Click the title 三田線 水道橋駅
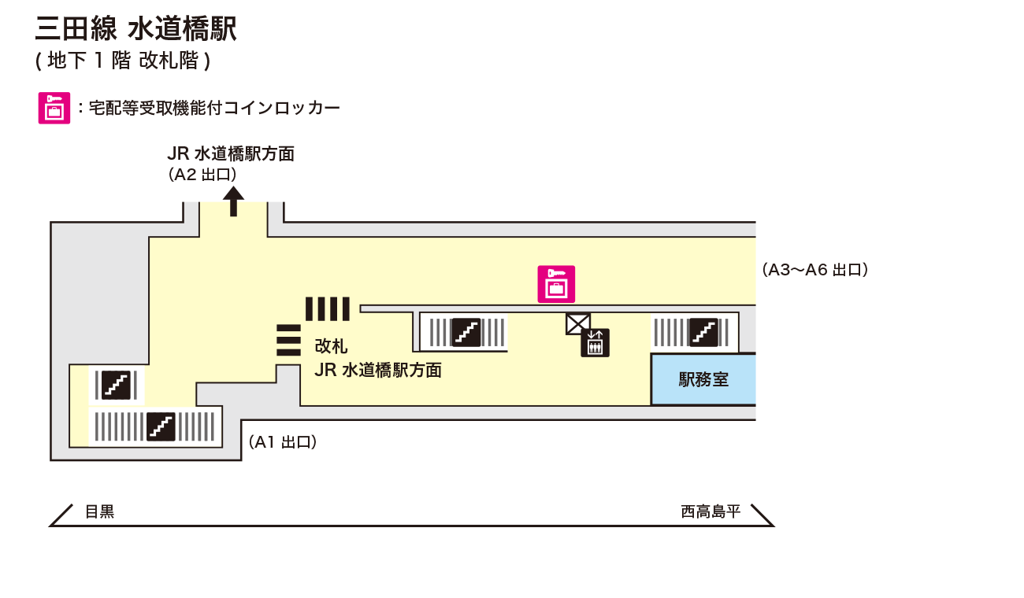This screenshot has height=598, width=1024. point(135,29)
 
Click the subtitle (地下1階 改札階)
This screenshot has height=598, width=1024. point(123,61)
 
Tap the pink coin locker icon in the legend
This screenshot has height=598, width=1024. point(54,108)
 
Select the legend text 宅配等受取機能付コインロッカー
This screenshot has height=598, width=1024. point(214,108)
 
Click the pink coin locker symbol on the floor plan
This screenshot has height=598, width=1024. point(556,284)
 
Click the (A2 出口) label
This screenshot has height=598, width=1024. point(202,175)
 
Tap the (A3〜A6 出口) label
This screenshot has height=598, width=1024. point(814,270)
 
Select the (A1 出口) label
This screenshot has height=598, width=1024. point(283,442)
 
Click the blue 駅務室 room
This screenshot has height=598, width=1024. point(703,380)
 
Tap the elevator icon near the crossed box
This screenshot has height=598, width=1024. point(595,342)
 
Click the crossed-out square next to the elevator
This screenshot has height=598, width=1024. point(578,323)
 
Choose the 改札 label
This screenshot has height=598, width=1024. point(331,346)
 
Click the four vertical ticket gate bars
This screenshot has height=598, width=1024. point(327,308)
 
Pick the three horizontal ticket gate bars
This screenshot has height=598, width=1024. point(289,340)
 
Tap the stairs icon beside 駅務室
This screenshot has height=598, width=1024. point(703,331)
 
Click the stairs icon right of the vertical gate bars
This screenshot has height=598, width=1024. point(466,331)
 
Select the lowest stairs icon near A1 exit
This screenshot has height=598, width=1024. point(161,426)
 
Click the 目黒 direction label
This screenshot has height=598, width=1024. point(100,512)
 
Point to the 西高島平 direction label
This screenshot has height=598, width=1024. point(710,512)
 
